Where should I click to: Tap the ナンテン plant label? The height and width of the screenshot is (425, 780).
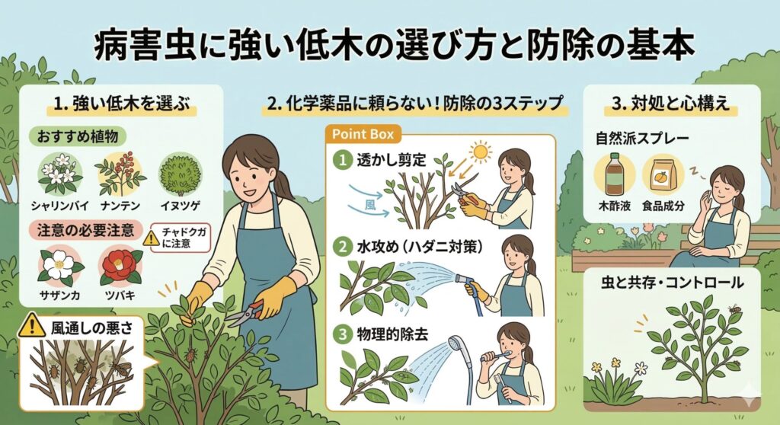pyautogui.click(x=120, y=205)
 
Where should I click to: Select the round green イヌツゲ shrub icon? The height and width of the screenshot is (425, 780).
pyautogui.click(x=180, y=174)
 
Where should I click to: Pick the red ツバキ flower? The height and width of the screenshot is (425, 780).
pyautogui.click(x=120, y=266)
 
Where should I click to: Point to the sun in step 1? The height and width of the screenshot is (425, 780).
pyautogui.click(x=480, y=152)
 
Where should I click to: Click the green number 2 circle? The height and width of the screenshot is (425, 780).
pyautogui.click(x=342, y=246)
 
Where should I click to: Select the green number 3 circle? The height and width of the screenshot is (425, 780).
pyautogui.click(x=342, y=334)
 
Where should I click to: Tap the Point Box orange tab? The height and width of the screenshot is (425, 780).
pyautogui.click(x=363, y=134)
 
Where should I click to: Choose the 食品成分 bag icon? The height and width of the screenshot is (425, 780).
pyautogui.click(x=663, y=176)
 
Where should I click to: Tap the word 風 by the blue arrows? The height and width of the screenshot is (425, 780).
pyautogui.click(x=370, y=205)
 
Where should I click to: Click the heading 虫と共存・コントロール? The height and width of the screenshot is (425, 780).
pyautogui.click(x=672, y=283)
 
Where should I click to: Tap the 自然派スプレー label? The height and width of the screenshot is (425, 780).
pyautogui.click(x=642, y=138)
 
